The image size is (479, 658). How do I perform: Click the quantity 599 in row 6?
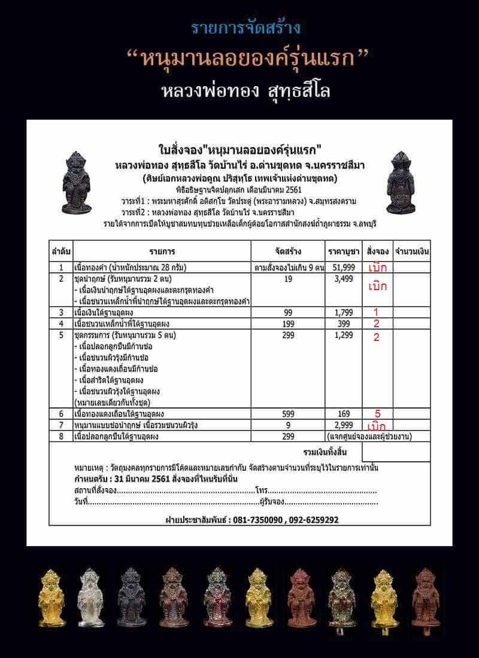click(287, 413)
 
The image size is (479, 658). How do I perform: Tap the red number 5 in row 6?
click(377, 413)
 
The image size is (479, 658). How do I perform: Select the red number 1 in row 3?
click(376, 312)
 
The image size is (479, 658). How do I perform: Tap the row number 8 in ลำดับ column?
click(60, 436)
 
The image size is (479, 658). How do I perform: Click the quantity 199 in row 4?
click(287, 324)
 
